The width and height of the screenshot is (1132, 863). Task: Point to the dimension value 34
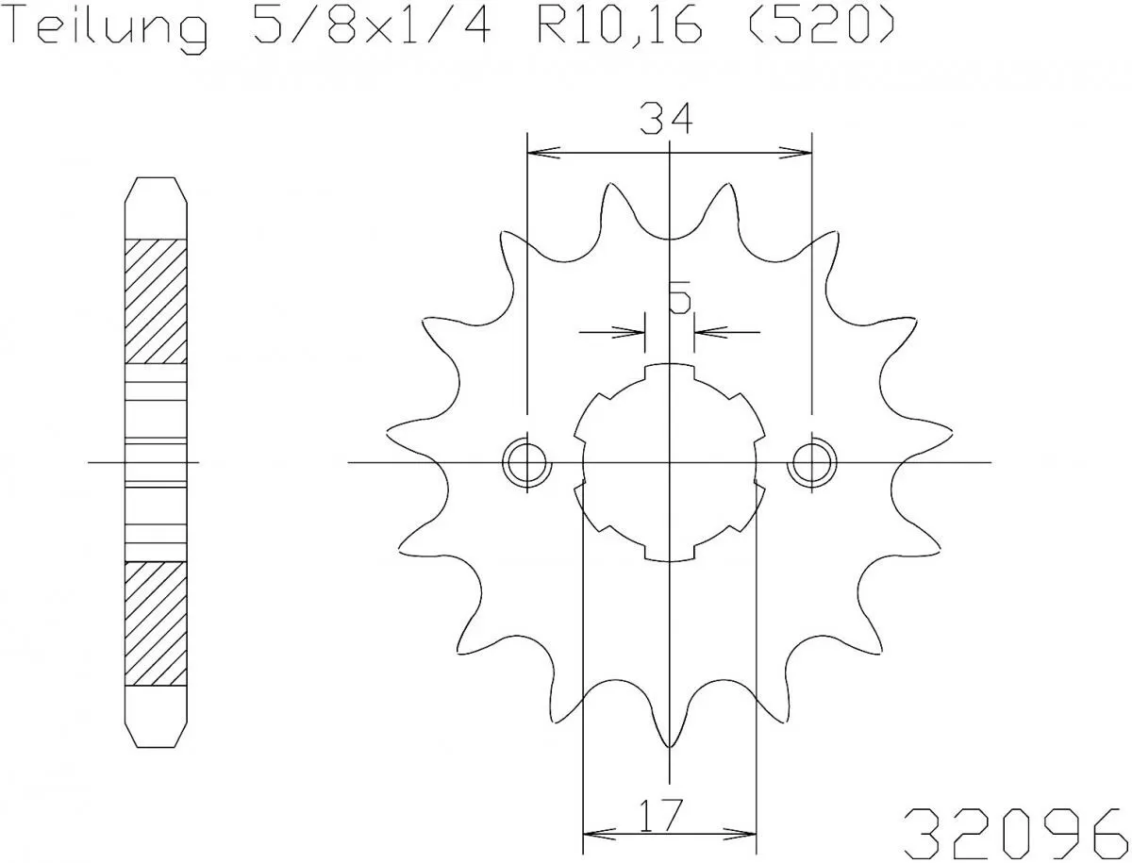(x=666, y=120)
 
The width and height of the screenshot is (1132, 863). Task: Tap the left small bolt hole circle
(x=524, y=462)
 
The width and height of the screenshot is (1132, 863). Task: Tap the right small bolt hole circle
(x=811, y=462)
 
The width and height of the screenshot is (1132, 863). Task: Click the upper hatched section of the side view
(x=156, y=302)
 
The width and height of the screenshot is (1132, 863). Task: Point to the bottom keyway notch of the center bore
(x=669, y=554)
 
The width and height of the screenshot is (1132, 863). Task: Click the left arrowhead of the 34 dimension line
(x=541, y=151)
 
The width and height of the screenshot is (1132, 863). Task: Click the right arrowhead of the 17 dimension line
(x=743, y=834)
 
